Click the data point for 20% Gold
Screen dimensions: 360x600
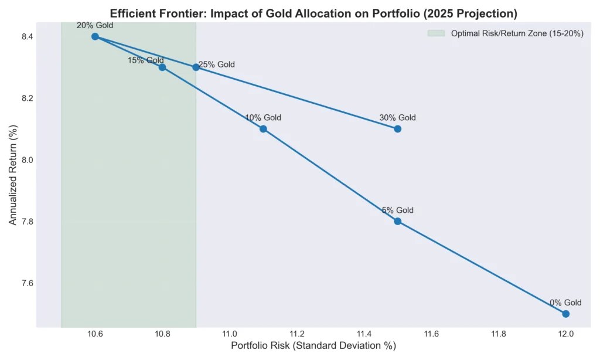(x=95, y=36)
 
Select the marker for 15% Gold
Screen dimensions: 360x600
(x=162, y=67)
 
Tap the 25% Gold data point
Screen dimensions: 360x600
(x=196, y=67)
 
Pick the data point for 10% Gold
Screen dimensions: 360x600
(x=263, y=129)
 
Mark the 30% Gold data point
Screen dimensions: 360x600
(x=397, y=129)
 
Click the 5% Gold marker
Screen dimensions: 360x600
(x=397, y=221)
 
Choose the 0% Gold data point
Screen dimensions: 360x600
(x=565, y=314)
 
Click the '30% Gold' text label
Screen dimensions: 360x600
(x=397, y=118)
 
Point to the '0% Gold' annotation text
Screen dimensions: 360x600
(x=565, y=303)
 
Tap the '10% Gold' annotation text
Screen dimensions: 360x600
(x=263, y=118)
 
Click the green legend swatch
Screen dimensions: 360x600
(x=437, y=34)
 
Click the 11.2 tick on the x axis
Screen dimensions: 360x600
(x=296, y=334)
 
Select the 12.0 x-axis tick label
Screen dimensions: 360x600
(x=565, y=334)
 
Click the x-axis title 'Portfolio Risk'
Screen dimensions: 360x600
(x=313, y=346)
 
